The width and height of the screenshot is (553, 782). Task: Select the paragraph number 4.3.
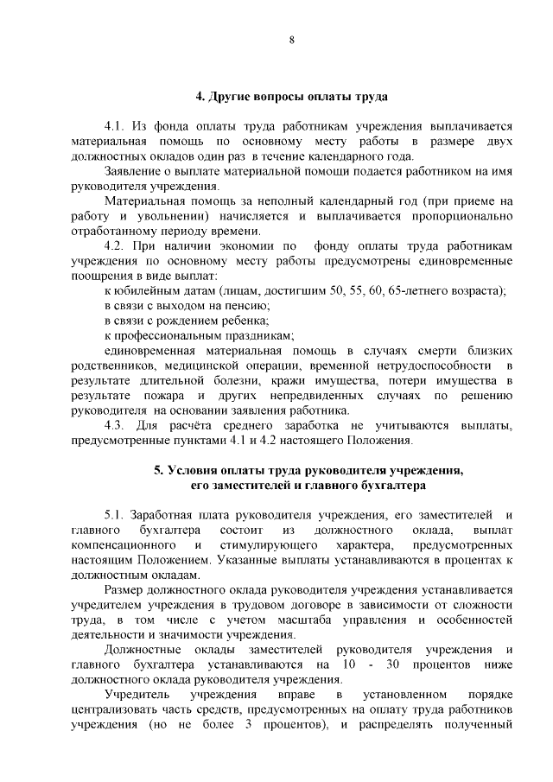(116, 425)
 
